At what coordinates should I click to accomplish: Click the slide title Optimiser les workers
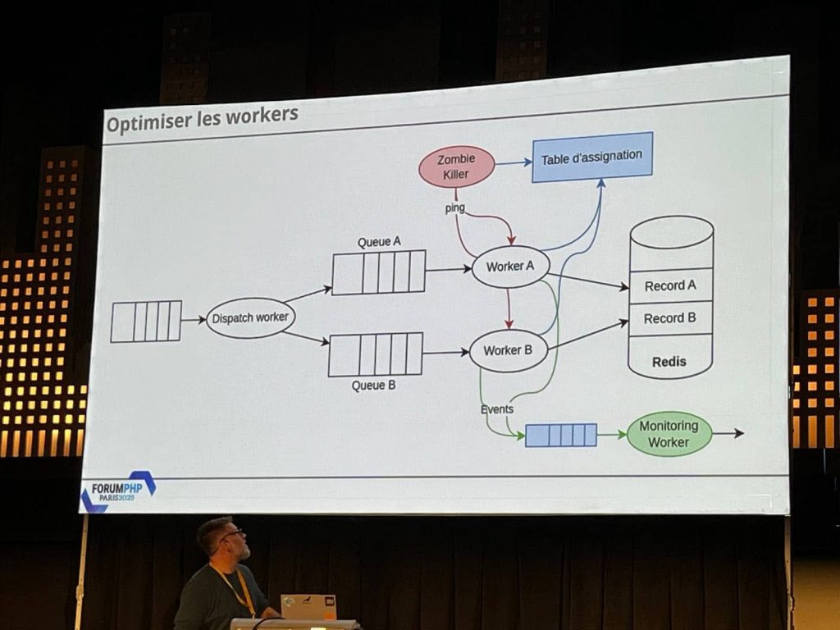point(202,118)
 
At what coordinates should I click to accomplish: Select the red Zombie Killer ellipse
point(456,167)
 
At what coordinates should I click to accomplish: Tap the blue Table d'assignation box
point(591,157)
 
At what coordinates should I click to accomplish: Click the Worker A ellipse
point(509,267)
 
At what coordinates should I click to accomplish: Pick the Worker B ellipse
point(508,350)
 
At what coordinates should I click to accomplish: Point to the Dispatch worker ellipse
point(250,317)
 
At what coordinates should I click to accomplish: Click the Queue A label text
point(379,242)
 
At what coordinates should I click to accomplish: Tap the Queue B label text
point(373,385)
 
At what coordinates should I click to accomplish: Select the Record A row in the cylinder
point(670,285)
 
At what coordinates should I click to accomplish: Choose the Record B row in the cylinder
point(670,318)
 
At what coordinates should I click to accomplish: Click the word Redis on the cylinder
point(669,361)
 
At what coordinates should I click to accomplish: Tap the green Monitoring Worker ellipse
point(669,434)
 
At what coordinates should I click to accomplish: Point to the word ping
point(454,208)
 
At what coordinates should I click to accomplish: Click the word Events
point(497,409)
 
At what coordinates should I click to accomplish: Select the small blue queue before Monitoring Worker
point(560,435)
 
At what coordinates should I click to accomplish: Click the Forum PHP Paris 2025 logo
point(118,492)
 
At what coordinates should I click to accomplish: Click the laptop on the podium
point(308,606)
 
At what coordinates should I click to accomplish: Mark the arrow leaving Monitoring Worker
point(728,433)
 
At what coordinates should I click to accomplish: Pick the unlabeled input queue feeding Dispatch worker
point(146,321)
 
